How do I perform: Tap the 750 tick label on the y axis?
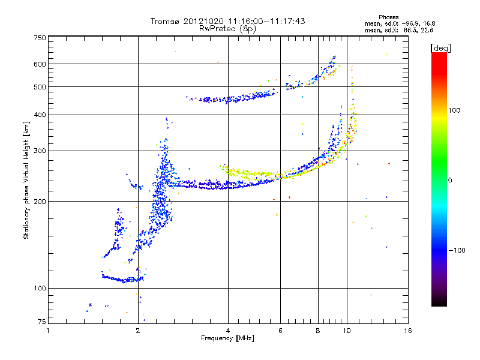click(x=40, y=38)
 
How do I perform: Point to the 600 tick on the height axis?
click(x=40, y=64)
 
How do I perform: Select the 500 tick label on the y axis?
click(x=40, y=87)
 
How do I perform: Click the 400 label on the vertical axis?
click(x=40, y=115)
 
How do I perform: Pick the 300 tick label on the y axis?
click(x=40, y=151)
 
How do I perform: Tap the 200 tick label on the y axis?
click(x=40, y=202)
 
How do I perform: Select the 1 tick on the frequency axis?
click(x=49, y=331)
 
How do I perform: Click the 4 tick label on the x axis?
click(x=228, y=331)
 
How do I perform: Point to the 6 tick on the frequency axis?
click(x=280, y=331)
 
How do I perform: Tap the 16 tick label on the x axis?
click(x=407, y=331)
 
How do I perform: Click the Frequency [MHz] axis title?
click(x=227, y=338)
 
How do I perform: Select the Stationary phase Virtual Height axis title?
click(x=26, y=180)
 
